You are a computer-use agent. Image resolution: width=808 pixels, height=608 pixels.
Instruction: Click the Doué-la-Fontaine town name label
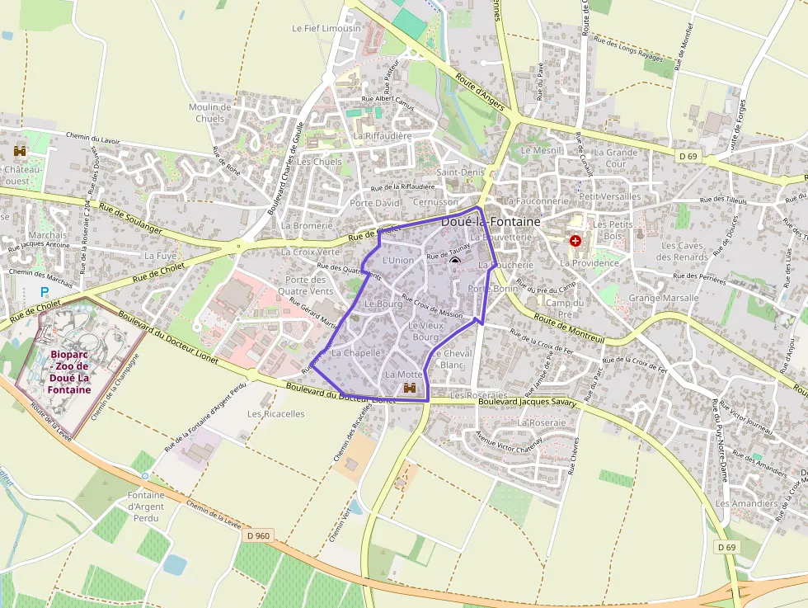[491, 222]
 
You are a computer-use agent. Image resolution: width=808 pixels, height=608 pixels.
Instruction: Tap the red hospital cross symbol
[575, 241]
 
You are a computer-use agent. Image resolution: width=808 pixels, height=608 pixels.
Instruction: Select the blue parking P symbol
[45, 292]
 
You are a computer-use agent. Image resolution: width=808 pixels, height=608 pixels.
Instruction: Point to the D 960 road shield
[258, 535]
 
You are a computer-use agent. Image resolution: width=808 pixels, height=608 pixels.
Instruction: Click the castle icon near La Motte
[410, 388]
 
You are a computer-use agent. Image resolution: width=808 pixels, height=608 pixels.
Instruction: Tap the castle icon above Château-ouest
[20, 152]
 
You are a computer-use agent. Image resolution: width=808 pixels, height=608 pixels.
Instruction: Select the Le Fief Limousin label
[326, 28]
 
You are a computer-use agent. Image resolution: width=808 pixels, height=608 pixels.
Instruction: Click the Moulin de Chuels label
[209, 112]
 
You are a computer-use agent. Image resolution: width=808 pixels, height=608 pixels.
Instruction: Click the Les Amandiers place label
[746, 503]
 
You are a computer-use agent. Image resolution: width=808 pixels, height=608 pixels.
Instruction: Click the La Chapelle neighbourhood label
[355, 352]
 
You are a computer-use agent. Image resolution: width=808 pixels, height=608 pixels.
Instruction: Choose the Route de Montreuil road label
[570, 323]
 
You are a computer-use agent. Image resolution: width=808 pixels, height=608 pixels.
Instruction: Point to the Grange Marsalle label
[663, 298]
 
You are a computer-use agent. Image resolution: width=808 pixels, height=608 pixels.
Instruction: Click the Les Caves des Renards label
[683, 251]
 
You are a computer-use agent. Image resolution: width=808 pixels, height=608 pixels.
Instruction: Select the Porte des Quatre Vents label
[305, 285]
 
